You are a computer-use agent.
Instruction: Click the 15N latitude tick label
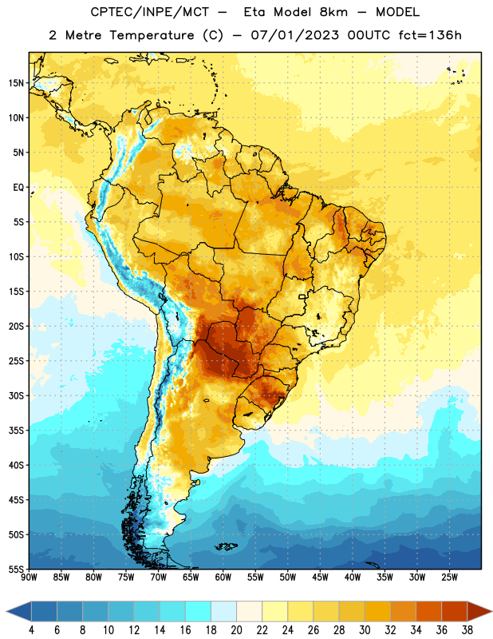coord(16,83)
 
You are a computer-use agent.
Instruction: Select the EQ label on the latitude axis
coord(18,188)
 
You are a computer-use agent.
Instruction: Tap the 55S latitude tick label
coord(16,569)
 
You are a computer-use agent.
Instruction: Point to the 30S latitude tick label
coord(16,395)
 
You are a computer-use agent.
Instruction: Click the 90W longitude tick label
coord(29,577)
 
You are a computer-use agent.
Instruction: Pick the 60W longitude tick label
coord(223,577)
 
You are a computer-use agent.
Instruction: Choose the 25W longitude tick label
coord(449,577)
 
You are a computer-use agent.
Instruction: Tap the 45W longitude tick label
coord(320,577)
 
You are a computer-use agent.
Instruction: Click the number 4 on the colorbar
coord(31,630)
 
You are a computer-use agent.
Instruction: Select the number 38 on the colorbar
coord(467,630)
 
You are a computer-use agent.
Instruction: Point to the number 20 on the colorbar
coord(236,630)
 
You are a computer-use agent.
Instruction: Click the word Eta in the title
coord(254,12)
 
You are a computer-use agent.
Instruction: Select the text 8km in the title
coord(333,12)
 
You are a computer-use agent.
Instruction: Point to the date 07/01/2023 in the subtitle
coord(294,35)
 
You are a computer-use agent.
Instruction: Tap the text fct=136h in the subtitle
coord(430,35)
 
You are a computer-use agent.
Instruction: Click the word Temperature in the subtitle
coord(152,35)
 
